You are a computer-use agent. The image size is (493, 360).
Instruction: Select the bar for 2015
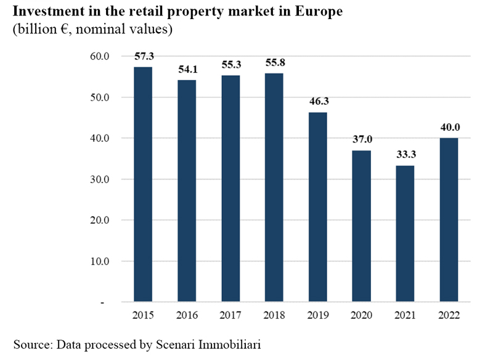click(x=143, y=185)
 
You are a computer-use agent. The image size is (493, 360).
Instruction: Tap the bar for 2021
click(x=405, y=234)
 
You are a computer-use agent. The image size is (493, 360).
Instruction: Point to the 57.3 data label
click(x=144, y=56)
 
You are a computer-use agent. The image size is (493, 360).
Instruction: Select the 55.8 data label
click(x=275, y=62)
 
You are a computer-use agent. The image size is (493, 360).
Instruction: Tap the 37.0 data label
click(x=362, y=139)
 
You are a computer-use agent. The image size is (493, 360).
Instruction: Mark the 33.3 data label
click(x=405, y=154)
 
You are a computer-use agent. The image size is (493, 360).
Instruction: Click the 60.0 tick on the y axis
click(x=99, y=57)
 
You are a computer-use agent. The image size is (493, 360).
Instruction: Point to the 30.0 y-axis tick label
click(x=99, y=179)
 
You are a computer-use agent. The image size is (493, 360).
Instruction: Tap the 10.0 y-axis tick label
click(x=99, y=261)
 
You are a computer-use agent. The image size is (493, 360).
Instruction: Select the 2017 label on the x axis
click(x=231, y=316)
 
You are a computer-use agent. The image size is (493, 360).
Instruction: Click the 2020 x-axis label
click(x=362, y=316)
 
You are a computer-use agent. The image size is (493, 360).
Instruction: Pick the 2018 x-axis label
click(x=275, y=316)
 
